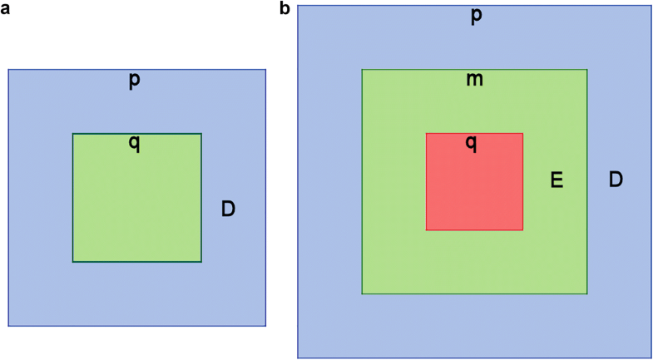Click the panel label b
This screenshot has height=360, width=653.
(285, 10)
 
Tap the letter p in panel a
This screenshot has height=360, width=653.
(134, 81)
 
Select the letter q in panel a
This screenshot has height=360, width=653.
(134, 143)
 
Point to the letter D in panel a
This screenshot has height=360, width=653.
(228, 209)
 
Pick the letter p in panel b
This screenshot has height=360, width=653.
(476, 17)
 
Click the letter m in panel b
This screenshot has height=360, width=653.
(475, 80)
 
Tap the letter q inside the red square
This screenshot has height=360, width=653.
(471, 143)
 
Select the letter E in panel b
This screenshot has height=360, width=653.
(557, 180)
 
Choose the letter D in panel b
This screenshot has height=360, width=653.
(616, 179)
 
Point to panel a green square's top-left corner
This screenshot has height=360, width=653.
(73, 134)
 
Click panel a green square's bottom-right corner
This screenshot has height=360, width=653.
(201, 262)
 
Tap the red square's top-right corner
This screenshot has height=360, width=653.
(522, 133)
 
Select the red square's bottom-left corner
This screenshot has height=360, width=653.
(427, 229)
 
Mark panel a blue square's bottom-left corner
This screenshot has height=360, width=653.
(9, 326)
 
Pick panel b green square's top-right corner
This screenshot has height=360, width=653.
(587, 70)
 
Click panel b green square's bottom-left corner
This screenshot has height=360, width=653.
(362, 293)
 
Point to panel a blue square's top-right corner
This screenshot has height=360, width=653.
(265, 70)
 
